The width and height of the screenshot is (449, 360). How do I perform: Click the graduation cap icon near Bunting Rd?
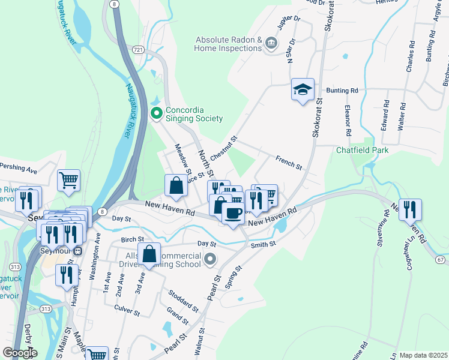(x=303, y=91)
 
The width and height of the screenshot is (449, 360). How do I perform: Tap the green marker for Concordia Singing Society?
(x=157, y=113)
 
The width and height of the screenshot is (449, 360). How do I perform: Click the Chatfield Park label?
(x=362, y=150)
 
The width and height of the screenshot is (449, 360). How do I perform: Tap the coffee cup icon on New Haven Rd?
(x=233, y=212)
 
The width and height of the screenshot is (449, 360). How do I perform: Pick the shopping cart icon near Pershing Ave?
(x=69, y=179)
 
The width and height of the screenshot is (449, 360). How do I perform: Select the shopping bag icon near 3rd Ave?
(x=149, y=254)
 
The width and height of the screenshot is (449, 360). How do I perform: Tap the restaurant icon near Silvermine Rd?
(x=410, y=210)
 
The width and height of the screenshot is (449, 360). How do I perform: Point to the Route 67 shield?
(x=441, y=259)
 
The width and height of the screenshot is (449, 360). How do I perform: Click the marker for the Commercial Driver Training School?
(x=209, y=259)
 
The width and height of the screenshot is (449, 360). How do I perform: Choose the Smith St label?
(x=264, y=244)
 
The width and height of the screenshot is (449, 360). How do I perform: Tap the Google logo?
(x=20, y=353)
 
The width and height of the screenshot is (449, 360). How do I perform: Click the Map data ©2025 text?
(x=423, y=355)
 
